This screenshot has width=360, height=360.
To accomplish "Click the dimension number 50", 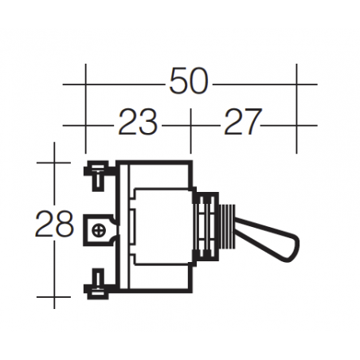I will click(190, 82).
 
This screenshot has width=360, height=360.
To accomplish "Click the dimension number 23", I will click(139, 123).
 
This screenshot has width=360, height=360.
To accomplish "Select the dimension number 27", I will click(242, 123).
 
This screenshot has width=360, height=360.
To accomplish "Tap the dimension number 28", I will click(55, 225).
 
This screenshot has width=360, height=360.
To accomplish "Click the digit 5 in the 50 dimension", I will click(178, 82).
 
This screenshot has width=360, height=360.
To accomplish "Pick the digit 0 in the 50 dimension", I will click(201, 82).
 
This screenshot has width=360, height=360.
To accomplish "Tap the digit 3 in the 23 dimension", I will click(149, 123).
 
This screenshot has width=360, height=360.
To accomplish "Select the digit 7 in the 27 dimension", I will click(252, 123).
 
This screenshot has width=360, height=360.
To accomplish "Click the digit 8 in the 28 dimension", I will click(65, 225).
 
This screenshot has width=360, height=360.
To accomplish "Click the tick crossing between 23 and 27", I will click(191, 124).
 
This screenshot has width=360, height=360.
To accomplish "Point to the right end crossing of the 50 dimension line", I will click(296, 83).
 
